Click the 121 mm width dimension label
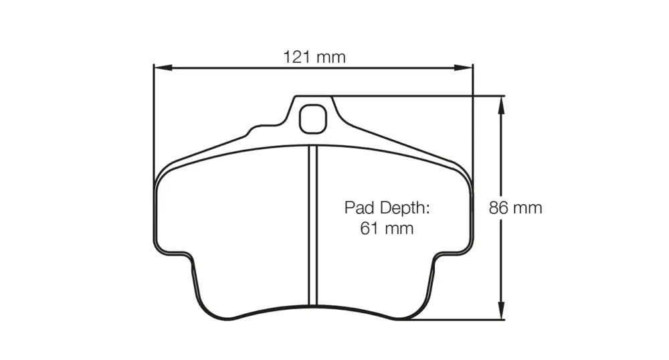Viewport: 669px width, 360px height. pos(314,57)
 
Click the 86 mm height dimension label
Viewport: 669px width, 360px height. pos(515,207)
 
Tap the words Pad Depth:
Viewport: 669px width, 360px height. pos(387,207)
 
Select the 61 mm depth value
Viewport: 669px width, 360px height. pos(387,228)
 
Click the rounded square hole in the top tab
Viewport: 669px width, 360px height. pos(313,119)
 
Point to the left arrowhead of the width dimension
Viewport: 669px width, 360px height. pos(163,68)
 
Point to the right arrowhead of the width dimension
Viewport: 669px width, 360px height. pos(464,68)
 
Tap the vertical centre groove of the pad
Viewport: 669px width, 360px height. pos(313,226)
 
